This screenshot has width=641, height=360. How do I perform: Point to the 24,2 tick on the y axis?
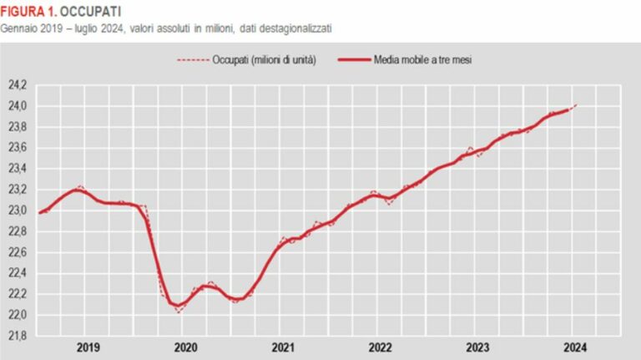tap(18, 85)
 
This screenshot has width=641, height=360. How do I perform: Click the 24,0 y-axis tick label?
tap(18, 106)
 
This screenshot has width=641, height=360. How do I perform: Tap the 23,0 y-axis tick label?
tap(18, 210)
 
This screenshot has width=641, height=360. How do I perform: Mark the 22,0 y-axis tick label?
tap(18, 315)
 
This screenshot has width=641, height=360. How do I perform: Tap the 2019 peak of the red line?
tap(78, 190)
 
